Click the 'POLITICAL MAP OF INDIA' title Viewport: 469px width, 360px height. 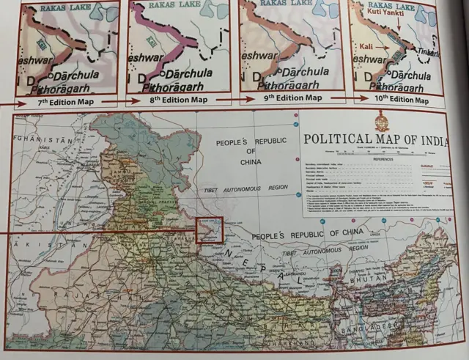coord(375,139)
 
